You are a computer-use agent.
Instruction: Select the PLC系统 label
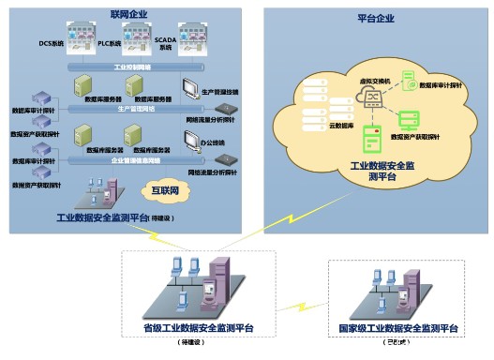pyautogui.click(x=109, y=44)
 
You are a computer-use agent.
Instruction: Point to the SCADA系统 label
pyautogui.click(x=165, y=44)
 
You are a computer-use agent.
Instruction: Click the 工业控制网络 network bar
pyautogui.click(x=130, y=68)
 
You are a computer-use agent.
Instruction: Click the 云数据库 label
pyautogui.click(x=340, y=124)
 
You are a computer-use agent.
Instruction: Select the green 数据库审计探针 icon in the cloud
pyautogui.click(x=410, y=85)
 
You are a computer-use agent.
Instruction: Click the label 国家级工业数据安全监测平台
pyautogui.click(x=397, y=329)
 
